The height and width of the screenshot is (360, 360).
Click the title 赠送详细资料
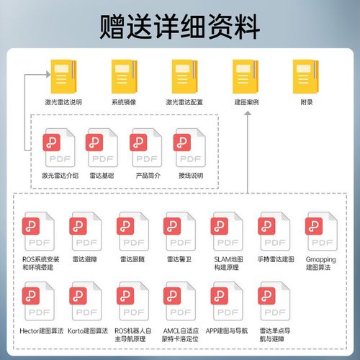point(180,27)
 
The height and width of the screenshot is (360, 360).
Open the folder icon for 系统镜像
point(125,76)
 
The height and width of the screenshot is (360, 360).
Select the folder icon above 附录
point(306,76)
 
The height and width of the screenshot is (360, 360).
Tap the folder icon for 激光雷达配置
point(185,76)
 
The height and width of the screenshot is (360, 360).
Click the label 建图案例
point(246,102)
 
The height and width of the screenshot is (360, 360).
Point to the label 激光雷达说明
point(63,102)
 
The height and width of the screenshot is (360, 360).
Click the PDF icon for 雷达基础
point(102,148)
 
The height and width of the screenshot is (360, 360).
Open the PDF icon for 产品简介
point(146,148)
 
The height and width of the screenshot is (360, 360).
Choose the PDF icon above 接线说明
point(189,148)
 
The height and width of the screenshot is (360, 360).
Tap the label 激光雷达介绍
point(60,176)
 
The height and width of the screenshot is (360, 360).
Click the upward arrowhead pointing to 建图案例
point(248,113)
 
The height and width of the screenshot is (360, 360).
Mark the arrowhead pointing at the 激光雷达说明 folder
point(48,74)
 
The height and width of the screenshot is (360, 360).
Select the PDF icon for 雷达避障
point(86,231)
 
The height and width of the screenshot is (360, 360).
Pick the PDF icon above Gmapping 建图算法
point(321,231)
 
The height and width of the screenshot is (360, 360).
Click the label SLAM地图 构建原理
point(228,263)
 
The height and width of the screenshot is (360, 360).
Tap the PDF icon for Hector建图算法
point(38,301)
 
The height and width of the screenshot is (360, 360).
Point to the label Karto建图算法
point(88,331)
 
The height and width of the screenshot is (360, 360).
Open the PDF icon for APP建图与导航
point(227,301)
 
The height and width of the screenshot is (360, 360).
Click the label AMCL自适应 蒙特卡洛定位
point(180,335)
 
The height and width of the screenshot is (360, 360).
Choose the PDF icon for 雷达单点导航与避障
point(274,301)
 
